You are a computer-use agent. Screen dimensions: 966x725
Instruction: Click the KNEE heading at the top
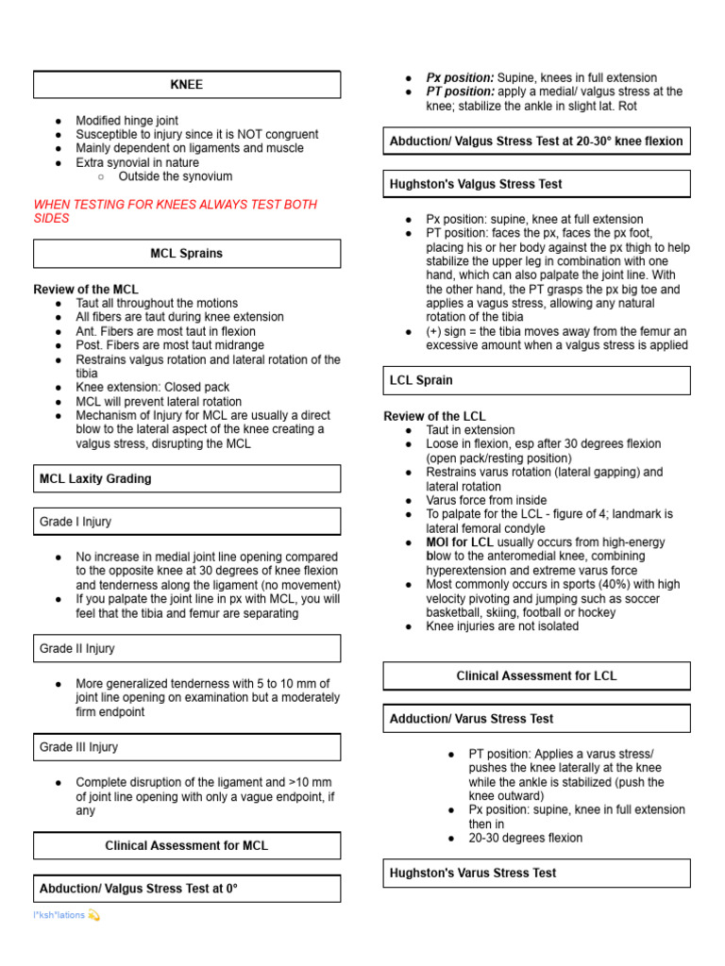(x=187, y=85)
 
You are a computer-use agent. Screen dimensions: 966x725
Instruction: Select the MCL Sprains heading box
(x=187, y=254)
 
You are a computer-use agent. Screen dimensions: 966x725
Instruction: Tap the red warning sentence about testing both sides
(x=175, y=211)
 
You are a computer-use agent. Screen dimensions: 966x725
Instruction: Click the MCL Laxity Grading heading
(x=95, y=478)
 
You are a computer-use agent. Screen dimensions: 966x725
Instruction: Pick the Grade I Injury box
(x=76, y=522)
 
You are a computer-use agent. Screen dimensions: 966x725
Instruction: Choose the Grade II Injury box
(x=77, y=649)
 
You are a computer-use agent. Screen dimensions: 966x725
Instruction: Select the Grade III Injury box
(x=79, y=747)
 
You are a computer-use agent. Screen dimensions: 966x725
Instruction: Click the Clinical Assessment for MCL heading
(x=187, y=845)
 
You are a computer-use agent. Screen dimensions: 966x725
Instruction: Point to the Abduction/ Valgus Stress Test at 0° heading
(x=139, y=889)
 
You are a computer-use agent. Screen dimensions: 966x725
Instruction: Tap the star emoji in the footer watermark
(x=93, y=915)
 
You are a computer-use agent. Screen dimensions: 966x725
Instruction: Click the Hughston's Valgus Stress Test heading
(x=476, y=184)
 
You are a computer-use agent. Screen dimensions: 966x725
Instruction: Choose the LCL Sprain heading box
(x=421, y=380)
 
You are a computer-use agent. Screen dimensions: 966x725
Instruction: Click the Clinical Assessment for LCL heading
(x=536, y=675)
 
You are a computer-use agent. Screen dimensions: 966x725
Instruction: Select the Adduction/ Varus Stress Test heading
(x=472, y=719)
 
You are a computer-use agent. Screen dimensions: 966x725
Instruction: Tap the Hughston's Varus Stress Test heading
(x=473, y=873)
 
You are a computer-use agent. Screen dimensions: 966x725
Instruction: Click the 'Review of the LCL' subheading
(x=435, y=416)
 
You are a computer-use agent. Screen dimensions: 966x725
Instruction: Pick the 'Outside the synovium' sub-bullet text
(x=176, y=176)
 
